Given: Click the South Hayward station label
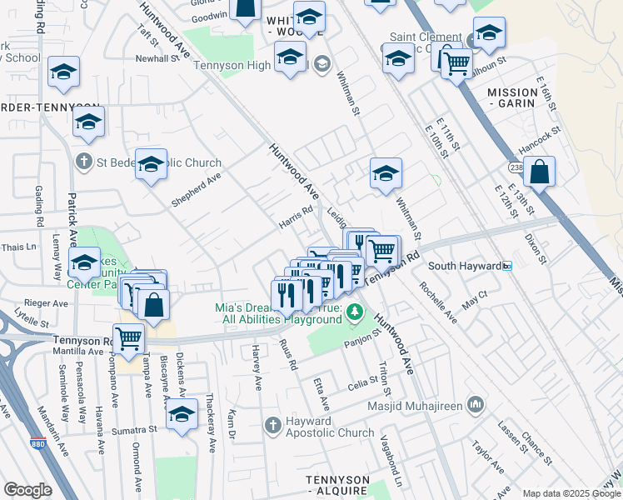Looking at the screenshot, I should coord(464,266).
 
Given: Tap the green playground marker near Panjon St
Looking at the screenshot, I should coord(355,312).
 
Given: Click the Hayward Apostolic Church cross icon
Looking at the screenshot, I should coord(272,426).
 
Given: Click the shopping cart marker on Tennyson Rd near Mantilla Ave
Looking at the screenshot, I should coord(129,338).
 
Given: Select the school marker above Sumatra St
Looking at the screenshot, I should coord(182,415).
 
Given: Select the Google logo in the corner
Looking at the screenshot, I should coord(27,490).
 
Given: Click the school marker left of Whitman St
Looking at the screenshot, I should coord(386,174).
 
